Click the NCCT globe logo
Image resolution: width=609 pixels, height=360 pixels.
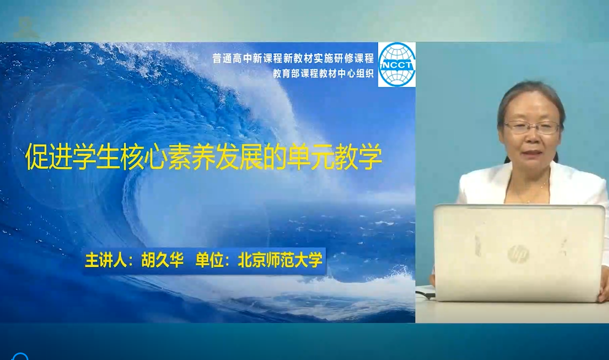[396, 64]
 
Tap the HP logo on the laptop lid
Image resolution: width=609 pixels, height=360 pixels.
[518, 255]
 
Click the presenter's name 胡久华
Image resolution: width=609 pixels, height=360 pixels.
[162, 260]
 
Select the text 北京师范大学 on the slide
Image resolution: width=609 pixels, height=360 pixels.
[280, 260]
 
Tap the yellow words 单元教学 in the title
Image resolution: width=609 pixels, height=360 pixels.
[335, 157]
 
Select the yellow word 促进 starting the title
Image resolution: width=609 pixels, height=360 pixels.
[49, 157]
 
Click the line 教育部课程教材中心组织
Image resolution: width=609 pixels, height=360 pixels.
[323, 74]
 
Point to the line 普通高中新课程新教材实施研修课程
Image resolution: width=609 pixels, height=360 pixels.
[293, 59]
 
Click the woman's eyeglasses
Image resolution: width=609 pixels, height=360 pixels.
[532, 127]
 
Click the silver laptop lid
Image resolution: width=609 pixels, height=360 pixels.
[519, 253]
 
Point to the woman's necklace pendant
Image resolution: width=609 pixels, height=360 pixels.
[528, 200]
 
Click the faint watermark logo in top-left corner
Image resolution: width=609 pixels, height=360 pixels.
[26, 28]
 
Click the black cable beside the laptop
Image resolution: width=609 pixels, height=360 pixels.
[426, 294]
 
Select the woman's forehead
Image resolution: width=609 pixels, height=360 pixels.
[531, 107]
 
